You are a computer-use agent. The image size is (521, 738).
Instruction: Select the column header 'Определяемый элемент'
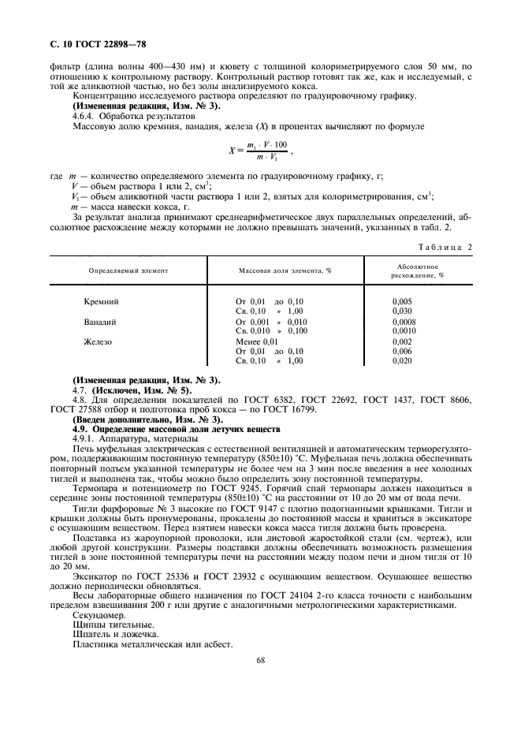[x=128, y=270]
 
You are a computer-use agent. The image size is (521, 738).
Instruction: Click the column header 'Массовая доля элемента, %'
[x=285, y=270]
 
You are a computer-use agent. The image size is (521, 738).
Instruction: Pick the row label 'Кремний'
[x=101, y=301]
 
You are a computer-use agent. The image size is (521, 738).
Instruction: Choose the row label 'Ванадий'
[x=100, y=322]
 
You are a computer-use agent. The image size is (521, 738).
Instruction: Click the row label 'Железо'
[x=99, y=341]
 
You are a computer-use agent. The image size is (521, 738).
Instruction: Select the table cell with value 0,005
[x=402, y=301]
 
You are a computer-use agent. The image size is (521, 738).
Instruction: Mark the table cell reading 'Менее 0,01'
[x=258, y=341]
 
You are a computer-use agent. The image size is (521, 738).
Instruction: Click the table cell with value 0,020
[x=402, y=360]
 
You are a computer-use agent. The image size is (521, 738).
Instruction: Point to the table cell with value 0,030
[x=402, y=311]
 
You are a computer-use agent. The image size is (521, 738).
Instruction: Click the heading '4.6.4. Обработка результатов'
[x=133, y=115]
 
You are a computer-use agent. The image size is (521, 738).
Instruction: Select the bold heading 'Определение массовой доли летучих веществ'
[x=187, y=429]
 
